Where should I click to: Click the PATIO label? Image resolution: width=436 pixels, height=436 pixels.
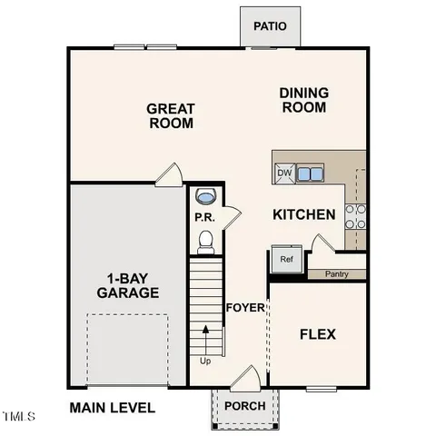click(x=270, y=25)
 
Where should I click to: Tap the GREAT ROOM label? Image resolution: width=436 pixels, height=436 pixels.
click(x=171, y=115)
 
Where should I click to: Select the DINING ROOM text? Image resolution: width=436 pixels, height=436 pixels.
click(x=303, y=99)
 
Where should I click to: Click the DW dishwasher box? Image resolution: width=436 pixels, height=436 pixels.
click(x=284, y=173)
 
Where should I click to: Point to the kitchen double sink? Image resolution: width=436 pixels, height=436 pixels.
click(x=311, y=173)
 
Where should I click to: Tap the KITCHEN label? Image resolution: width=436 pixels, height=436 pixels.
click(x=304, y=215)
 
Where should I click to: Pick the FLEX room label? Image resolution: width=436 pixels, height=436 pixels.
click(x=317, y=334)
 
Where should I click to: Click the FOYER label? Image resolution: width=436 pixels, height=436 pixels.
click(x=244, y=307)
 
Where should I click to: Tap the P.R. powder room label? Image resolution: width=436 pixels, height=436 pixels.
click(x=203, y=217)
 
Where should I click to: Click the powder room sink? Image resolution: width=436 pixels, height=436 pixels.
click(x=206, y=196)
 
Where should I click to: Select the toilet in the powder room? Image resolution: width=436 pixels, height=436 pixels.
click(x=205, y=241)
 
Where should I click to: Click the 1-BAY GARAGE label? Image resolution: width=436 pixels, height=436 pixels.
click(x=128, y=284)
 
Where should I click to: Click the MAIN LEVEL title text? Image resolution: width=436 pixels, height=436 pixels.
click(x=113, y=408)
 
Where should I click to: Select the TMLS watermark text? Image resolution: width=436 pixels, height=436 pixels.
click(x=17, y=417)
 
